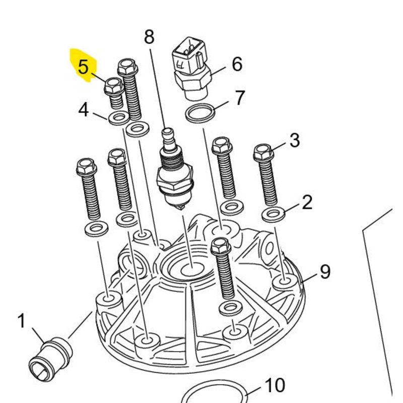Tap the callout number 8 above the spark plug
coord(149,37)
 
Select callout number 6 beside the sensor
coord(236,64)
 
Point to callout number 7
coord(239,98)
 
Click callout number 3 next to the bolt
coord(294,140)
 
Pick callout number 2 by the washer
coord(307,203)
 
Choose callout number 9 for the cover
coord(325,272)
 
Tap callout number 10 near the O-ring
coord(275,385)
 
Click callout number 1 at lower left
coord(22,320)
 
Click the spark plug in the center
coord(175,174)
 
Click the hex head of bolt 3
coord(263,152)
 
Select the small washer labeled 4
coord(118,119)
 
